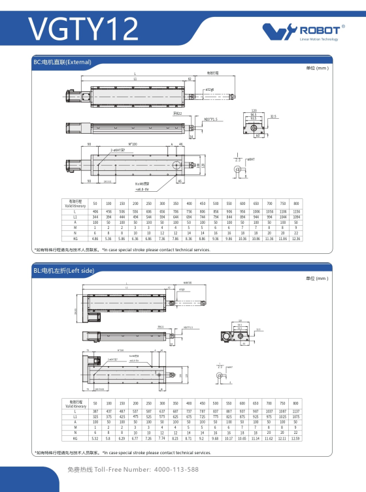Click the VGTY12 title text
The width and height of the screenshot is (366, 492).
[84, 29]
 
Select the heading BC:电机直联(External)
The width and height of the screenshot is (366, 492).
[62, 62]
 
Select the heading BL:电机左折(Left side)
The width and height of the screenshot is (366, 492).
[68, 270]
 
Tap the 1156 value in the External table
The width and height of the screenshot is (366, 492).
[296, 212]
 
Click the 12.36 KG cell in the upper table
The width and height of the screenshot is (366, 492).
[296, 239]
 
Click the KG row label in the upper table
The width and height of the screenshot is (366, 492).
[75, 239]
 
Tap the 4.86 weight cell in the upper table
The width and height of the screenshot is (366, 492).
[95, 239]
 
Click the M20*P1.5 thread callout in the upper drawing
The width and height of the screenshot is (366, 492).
[211, 119]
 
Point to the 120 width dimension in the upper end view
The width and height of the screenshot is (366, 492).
[254, 111]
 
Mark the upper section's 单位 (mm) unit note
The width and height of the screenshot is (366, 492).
[317, 68]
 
